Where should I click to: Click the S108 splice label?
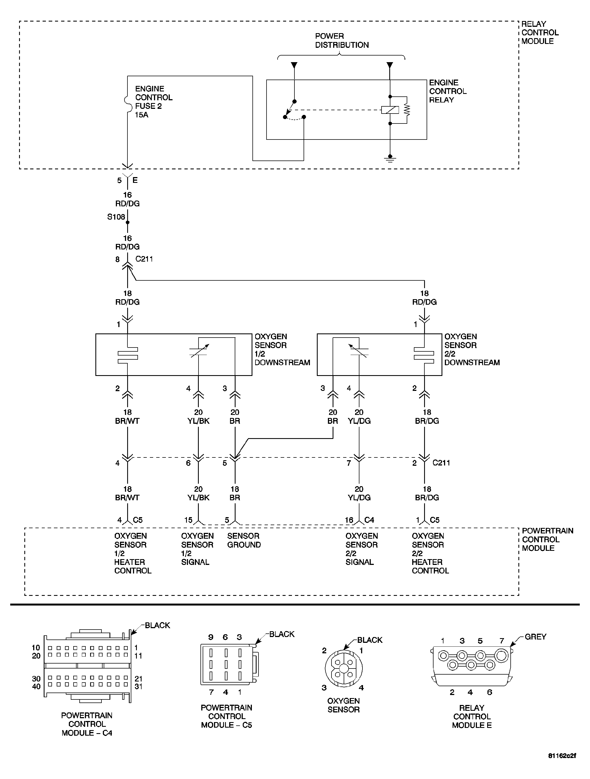point(116,217)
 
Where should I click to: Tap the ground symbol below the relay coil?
point(390,159)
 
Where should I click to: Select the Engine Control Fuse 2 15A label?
point(153,102)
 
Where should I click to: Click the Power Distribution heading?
point(341,41)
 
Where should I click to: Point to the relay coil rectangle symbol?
point(390,110)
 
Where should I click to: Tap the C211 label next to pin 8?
point(144,259)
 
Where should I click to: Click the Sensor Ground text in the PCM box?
point(244,540)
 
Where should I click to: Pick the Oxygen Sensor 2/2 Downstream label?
point(472,349)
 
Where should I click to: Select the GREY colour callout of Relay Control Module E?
point(535,637)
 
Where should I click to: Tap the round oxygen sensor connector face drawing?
point(343,668)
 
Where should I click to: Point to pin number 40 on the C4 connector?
point(36,686)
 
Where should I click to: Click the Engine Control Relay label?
point(448,91)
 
